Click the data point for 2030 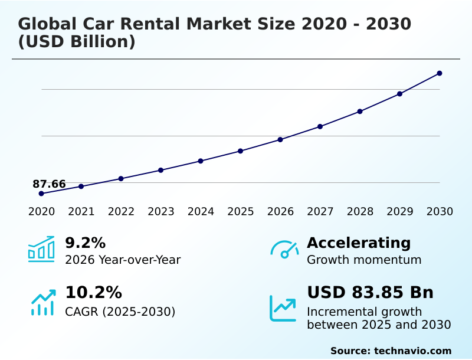coord(440,73)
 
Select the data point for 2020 coord(41,194)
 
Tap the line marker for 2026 coord(280,140)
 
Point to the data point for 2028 coord(360,112)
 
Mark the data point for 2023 coord(161,170)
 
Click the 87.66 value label coord(49,184)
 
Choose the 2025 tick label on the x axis coord(241,212)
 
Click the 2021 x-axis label coord(81,212)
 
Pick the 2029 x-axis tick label coord(400,212)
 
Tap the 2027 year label coord(320,212)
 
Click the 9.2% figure coord(85,243)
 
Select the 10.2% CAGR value coord(93,293)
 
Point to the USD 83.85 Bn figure coord(370,293)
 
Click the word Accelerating coord(359,243)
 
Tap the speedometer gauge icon coord(284,249)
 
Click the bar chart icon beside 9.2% coord(41,249)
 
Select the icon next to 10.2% coord(42,302)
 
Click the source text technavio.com coord(412,351)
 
